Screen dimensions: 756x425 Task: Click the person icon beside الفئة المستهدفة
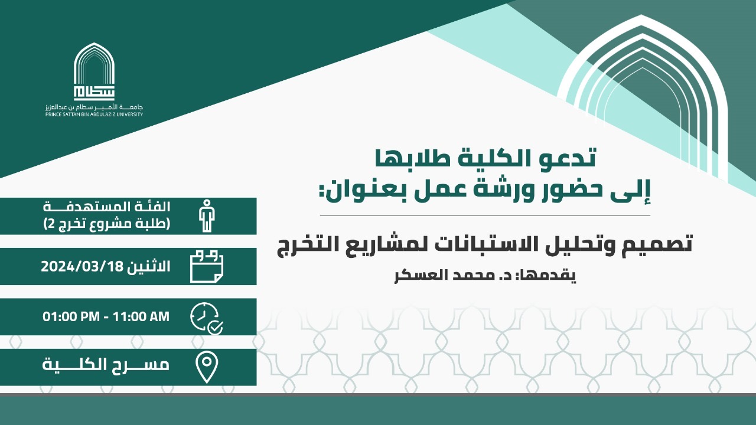point(207,216)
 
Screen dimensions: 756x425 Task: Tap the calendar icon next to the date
point(207,266)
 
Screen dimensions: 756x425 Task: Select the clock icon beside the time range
point(207,318)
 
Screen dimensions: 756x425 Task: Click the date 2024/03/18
point(82,266)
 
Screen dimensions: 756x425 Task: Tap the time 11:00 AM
point(141,317)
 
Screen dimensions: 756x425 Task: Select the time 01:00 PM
point(71,317)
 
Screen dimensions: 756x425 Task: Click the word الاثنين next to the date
point(149,266)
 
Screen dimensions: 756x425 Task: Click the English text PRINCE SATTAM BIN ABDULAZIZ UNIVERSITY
point(94,115)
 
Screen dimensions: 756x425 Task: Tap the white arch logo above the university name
point(94,71)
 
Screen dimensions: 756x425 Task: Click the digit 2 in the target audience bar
point(51,223)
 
